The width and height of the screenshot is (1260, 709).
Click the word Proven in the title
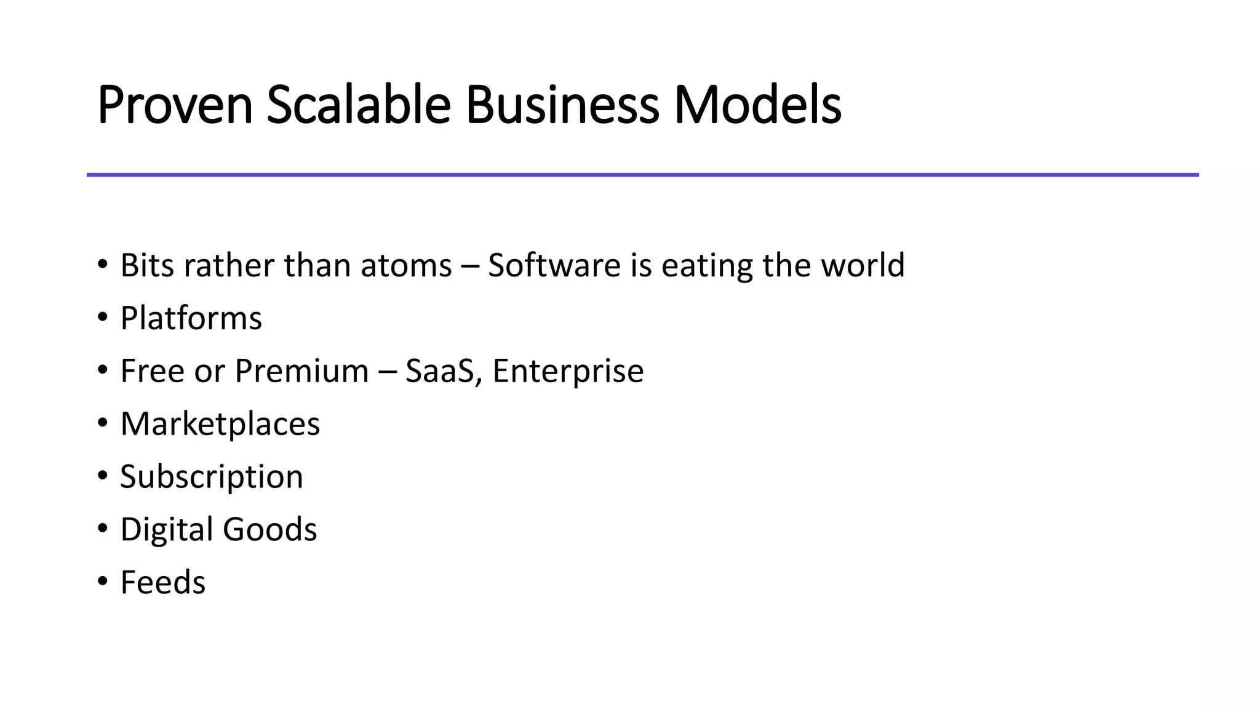point(175,105)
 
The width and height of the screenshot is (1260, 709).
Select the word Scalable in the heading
point(359,105)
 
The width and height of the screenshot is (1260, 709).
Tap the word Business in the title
point(562,105)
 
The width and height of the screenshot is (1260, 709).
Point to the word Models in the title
point(758,105)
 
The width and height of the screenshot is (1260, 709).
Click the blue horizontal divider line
point(642,175)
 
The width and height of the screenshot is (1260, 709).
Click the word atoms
point(406,266)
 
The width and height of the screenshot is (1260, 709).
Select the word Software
point(554,266)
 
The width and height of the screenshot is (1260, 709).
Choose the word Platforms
point(191,319)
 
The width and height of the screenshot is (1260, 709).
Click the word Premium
point(301,371)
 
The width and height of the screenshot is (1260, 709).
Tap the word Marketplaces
point(220,424)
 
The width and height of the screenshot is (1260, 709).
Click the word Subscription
point(212,477)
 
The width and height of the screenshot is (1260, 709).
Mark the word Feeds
point(163,582)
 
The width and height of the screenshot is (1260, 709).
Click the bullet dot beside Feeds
point(103,581)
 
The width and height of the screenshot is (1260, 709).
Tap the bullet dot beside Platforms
point(103,317)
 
